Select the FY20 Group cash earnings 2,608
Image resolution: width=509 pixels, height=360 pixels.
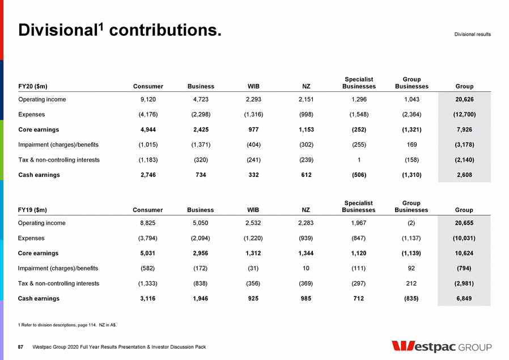[x=464, y=175]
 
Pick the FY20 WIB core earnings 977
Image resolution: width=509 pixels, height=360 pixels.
[x=253, y=130]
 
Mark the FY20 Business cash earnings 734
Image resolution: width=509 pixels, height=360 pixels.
[x=201, y=175]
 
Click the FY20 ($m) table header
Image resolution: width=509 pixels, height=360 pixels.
[x=33, y=86]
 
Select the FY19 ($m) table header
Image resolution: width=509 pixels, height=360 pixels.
[x=33, y=210]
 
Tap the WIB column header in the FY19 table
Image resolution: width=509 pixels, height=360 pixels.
[x=253, y=210]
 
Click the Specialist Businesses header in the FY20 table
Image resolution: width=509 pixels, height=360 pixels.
[x=359, y=83]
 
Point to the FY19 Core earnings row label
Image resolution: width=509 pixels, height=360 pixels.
[x=39, y=253]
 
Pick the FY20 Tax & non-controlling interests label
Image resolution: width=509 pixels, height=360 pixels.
[x=59, y=160]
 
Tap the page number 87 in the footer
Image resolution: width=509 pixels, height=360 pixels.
[x=21, y=347]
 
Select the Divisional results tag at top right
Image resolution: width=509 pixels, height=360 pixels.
[x=472, y=35]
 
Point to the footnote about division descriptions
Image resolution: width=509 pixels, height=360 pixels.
[x=67, y=325]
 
